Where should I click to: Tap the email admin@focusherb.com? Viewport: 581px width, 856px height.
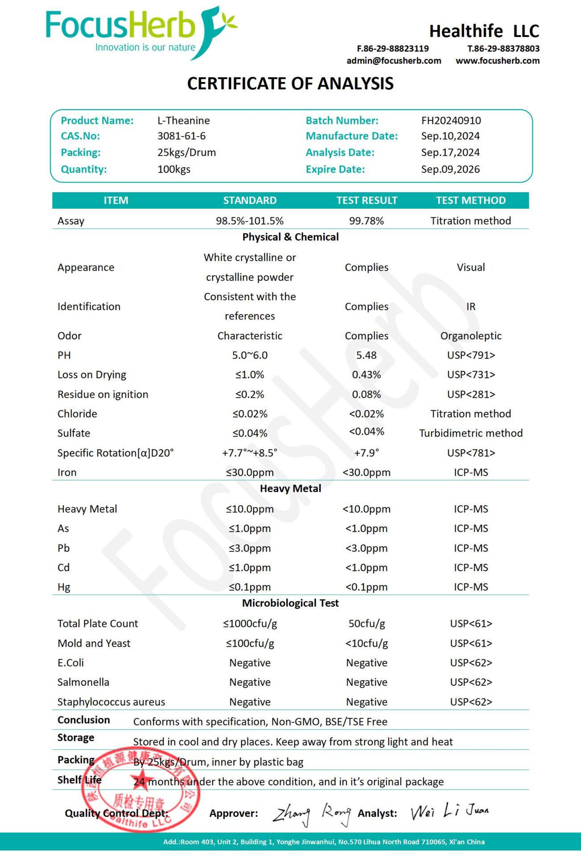(394, 61)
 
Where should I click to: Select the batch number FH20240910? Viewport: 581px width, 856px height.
(451, 120)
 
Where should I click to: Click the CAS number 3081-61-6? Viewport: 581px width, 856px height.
(181, 136)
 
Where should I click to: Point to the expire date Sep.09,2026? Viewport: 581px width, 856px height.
(450, 169)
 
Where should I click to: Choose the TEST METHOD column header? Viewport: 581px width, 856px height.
(470, 200)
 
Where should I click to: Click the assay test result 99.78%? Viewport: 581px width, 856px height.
(366, 221)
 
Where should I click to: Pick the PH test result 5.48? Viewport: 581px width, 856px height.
(366, 355)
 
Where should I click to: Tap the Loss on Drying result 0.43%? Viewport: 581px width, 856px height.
(366, 375)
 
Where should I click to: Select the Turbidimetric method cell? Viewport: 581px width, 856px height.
(470, 433)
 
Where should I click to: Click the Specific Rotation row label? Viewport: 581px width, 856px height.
(115, 453)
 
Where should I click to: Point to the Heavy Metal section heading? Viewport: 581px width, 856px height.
(290, 489)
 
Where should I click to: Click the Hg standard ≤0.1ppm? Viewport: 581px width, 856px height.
(250, 587)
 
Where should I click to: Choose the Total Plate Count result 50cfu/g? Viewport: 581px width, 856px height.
(366, 624)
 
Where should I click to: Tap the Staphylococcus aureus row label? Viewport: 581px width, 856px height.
(111, 702)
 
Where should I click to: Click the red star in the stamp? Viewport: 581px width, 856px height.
(142, 781)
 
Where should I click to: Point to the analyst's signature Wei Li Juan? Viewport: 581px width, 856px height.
(449, 811)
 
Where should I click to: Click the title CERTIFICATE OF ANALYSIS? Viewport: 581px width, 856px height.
(290, 84)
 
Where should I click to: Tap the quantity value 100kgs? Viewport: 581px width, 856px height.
(174, 169)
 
